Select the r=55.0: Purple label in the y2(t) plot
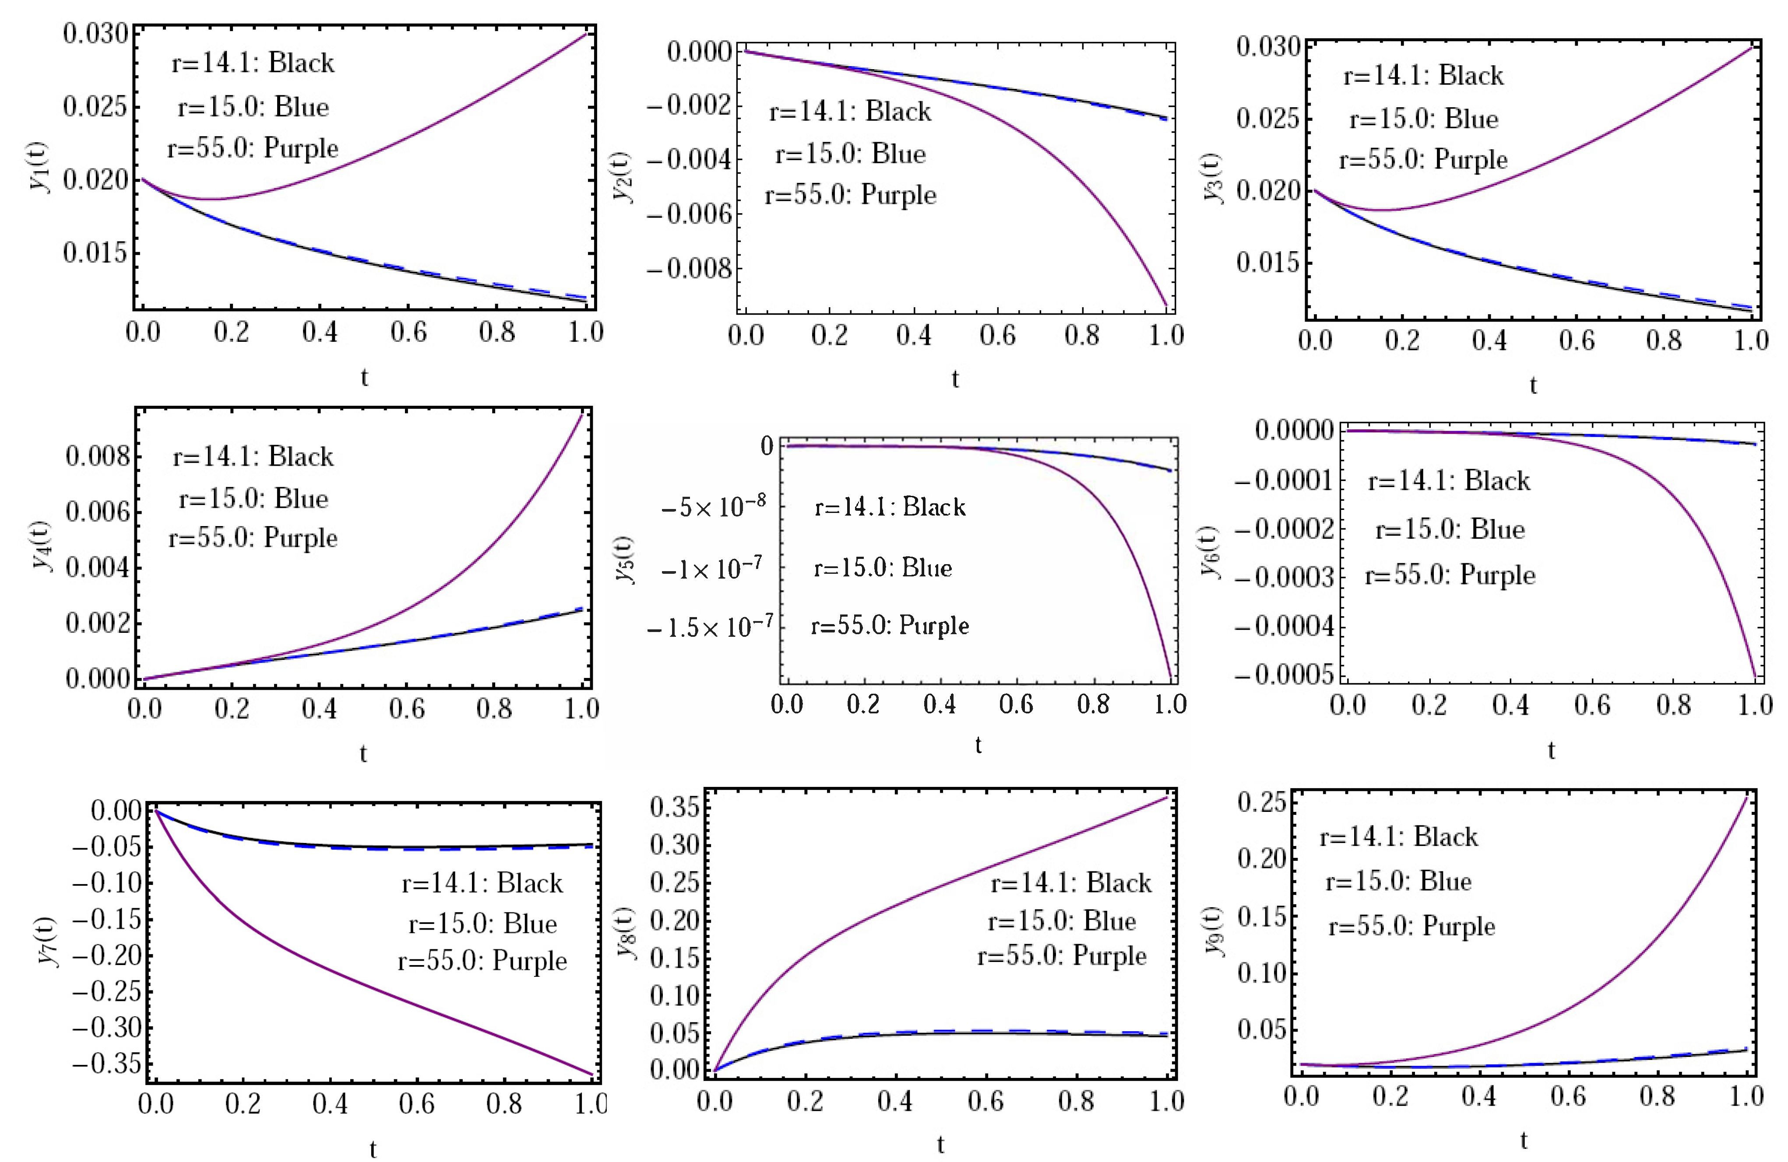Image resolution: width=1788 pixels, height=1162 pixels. pos(850,195)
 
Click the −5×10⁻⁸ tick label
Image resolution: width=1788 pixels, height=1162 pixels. pos(713,507)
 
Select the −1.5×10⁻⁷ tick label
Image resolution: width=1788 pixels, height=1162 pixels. pos(709,626)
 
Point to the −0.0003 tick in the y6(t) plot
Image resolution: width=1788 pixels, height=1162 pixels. pos(1284,577)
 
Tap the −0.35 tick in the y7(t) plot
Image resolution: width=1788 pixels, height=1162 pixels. pos(107,1064)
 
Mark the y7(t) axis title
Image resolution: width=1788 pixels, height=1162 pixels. pos(46,941)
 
